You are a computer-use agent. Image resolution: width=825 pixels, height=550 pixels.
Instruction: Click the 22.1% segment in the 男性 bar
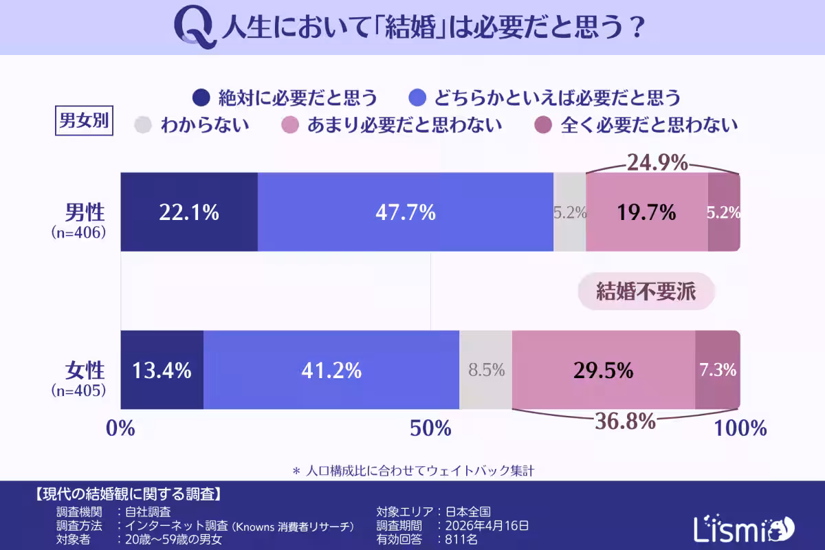[x=189, y=212]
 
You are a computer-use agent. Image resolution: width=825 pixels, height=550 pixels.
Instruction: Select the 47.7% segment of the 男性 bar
[x=406, y=212]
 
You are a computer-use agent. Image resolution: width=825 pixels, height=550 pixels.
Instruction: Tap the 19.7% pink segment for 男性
[x=646, y=212]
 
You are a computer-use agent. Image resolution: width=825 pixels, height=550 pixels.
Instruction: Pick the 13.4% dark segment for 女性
[x=162, y=371]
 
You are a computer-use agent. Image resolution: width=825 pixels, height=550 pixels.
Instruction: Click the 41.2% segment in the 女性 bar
[x=331, y=371]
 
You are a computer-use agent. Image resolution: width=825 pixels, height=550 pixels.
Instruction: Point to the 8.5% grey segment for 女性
[x=486, y=371]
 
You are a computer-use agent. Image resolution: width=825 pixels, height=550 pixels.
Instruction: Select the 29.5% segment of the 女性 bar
[x=603, y=371]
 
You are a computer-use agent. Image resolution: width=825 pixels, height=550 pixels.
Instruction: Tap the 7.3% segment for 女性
[x=718, y=371]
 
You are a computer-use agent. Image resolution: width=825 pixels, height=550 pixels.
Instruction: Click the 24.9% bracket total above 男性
[x=657, y=163]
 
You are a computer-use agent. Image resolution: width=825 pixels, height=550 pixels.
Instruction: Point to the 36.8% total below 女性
[x=625, y=421]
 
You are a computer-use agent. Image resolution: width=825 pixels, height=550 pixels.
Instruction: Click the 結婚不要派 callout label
[x=646, y=292]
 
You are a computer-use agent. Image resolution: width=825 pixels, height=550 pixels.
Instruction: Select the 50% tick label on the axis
[x=430, y=428]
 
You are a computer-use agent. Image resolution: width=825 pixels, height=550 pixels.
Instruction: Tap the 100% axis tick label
[x=740, y=428]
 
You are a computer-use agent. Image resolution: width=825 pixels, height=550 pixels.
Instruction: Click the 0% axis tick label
[x=120, y=428]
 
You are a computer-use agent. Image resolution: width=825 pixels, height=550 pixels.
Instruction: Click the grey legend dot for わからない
[x=143, y=125]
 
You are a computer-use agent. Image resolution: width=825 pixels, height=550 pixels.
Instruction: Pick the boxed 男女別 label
[x=82, y=122]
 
